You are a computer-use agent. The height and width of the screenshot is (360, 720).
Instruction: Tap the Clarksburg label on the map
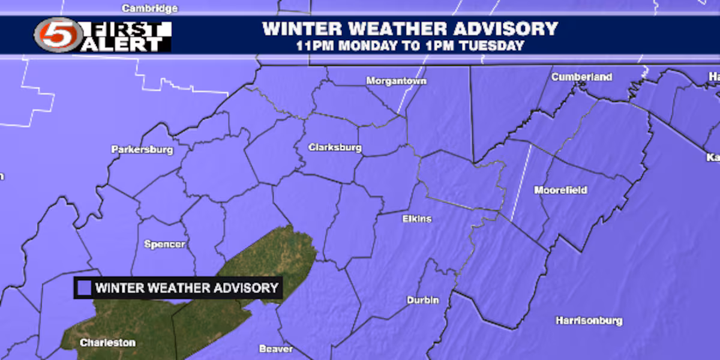click(x=335, y=148)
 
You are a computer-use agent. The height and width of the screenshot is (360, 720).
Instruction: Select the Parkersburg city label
click(x=142, y=149)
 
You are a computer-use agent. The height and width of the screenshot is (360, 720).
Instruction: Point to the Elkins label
click(x=416, y=219)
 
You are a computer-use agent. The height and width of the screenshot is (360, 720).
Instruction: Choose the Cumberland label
click(x=581, y=77)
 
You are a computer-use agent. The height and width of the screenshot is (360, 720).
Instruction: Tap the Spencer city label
click(x=164, y=244)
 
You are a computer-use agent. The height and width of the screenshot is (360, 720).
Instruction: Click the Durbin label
click(x=422, y=300)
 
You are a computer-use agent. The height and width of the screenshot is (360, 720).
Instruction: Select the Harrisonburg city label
click(x=589, y=320)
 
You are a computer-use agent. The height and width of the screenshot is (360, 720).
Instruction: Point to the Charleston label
click(x=108, y=343)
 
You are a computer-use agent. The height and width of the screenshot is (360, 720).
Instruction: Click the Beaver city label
click(x=276, y=349)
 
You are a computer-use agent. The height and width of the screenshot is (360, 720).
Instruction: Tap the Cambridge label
click(x=149, y=8)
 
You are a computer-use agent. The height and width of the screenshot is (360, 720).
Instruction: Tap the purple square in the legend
click(x=85, y=288)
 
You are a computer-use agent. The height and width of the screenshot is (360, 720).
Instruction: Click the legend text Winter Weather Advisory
click(x=187, y=288)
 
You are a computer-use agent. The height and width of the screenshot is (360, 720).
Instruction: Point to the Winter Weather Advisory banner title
click(x=410, y=28)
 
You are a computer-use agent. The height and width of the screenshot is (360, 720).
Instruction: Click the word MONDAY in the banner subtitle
click(x=374, y=46)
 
